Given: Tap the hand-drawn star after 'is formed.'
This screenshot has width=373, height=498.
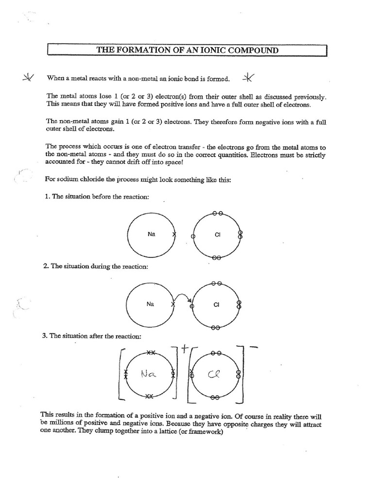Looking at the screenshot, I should point(248,78).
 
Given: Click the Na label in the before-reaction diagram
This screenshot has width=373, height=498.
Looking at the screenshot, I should point(151,234).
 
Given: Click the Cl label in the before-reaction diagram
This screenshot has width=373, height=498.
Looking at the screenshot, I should point(217,235).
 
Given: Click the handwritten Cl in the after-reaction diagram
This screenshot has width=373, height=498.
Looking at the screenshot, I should point(215,374).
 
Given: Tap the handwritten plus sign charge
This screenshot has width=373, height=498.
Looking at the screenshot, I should point(185,348).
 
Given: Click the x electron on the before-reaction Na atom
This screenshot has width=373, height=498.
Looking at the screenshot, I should point(174,234).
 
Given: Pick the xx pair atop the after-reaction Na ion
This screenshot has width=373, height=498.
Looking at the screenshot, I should point(151,352).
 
